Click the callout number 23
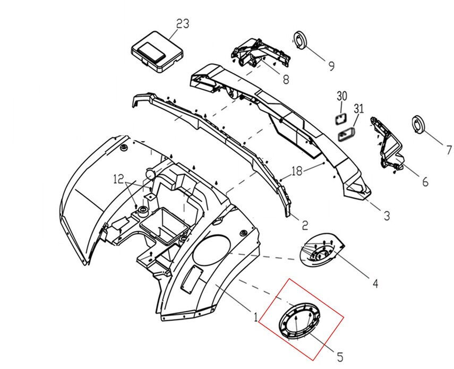pos(183,24)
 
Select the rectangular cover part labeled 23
pos(158,51)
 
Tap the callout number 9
pos(331,66)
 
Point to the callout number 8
pos(286,79)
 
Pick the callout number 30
pos(341,96)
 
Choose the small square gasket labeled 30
pos(341,118)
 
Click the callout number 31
pos(358,109)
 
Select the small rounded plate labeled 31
pos(347,134)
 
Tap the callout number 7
pos(449,150)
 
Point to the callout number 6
pos(425,182)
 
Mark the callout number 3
pos(387,216)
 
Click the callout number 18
pos(297,171)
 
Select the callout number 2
pos(305,225)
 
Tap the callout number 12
pos(119,179)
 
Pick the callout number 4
pos(375,284)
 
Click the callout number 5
pos(340,357)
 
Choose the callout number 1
pos(255,318)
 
